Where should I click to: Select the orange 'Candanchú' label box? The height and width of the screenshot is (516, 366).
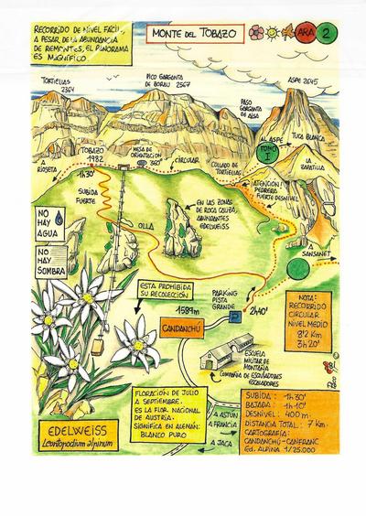tap(192, 325)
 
